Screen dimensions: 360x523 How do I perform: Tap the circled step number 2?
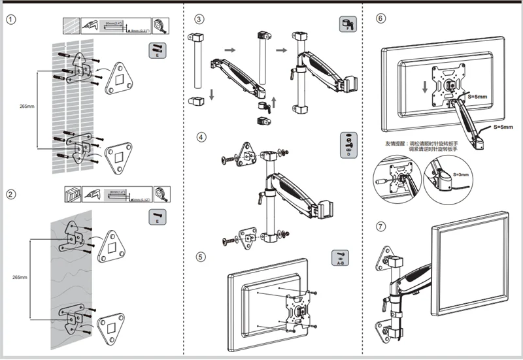point(10,194)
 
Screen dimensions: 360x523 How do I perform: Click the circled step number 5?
point(201,256)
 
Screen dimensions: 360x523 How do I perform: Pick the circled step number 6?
point(380,18)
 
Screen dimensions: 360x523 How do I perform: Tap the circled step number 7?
point(380,227)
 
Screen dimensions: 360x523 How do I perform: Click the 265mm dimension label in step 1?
point(27,104)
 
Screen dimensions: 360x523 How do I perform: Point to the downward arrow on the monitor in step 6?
point(425,86)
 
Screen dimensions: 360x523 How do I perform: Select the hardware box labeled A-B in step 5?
point(340,258)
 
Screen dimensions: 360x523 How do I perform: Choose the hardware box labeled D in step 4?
point(348,145)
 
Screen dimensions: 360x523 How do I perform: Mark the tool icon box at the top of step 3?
point(346,25)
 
